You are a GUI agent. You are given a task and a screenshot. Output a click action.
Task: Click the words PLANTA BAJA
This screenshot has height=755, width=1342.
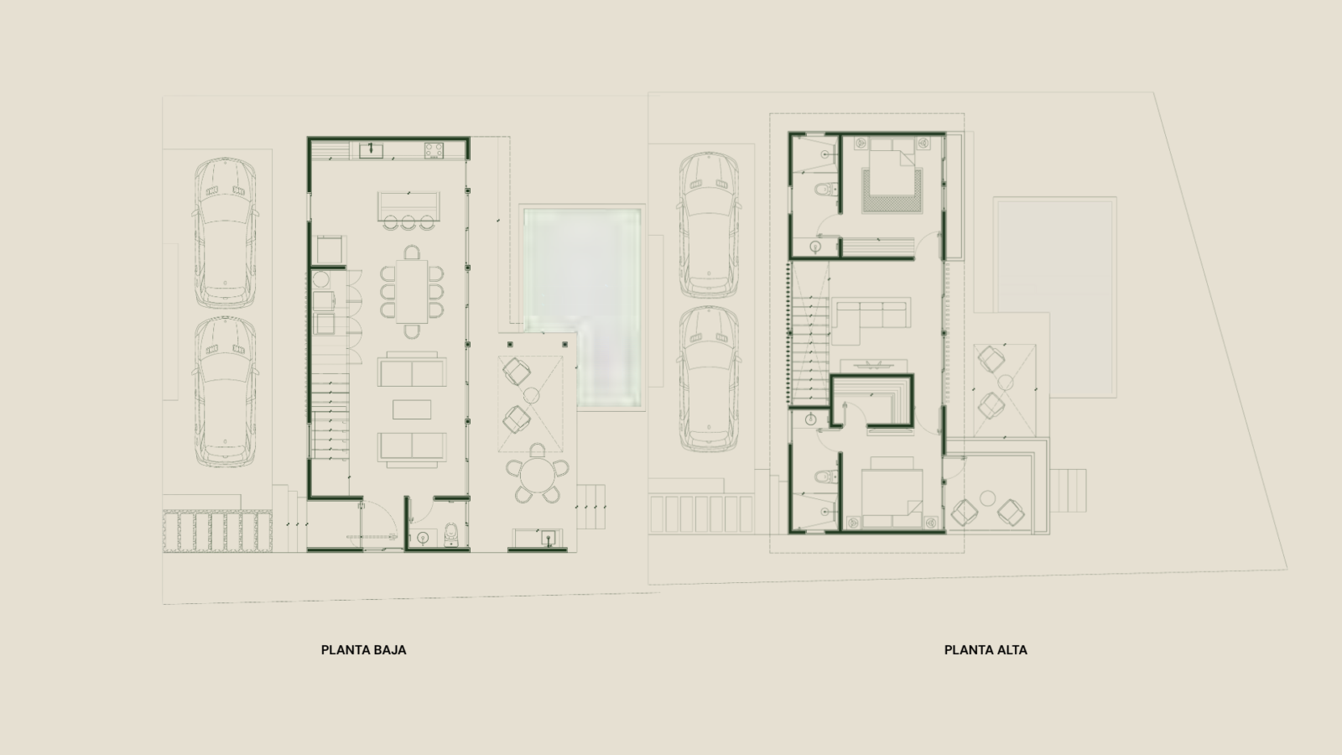click(364, 650)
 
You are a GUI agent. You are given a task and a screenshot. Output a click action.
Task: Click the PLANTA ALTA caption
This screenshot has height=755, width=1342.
click(986, 650)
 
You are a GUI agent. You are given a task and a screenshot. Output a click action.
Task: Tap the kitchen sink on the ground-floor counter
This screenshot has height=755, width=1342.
click(371, 150)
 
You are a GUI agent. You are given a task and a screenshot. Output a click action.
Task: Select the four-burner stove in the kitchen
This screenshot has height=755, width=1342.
click(434, 150)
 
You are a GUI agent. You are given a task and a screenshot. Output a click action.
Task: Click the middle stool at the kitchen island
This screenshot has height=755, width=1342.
click(408, 222)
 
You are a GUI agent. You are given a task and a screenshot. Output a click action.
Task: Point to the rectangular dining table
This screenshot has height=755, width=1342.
click(412, 291)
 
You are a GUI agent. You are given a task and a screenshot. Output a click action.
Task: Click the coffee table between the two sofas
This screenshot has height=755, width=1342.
click(412, 409)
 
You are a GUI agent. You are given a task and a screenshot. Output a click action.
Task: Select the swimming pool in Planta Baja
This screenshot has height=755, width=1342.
click(582, 307)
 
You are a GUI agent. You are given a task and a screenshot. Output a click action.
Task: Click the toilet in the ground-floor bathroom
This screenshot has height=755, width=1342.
click(452, 534)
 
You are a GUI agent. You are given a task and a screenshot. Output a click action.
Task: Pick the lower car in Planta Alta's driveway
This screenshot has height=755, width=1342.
click(709, 378)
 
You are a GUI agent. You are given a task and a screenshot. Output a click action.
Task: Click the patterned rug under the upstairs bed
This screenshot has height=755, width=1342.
click(892, 191)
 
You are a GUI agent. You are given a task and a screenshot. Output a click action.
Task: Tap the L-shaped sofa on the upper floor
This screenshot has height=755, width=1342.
click(871, 320)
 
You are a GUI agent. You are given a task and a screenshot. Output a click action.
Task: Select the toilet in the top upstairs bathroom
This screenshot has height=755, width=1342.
click(824, 190)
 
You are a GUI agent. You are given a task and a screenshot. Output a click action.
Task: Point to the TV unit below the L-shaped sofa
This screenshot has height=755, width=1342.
click(873, 365)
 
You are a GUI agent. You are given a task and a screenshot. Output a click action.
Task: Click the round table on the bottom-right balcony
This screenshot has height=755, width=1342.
click(987, 498)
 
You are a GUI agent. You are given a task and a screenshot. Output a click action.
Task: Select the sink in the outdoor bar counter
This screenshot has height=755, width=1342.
click(549, 538)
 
